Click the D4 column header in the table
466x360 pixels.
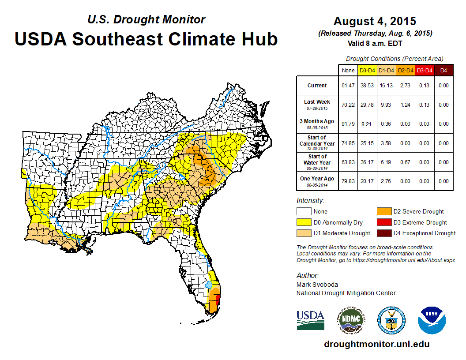443,70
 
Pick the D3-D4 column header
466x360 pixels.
424,70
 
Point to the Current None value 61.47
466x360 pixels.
348,86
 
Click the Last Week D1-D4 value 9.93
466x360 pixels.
386,105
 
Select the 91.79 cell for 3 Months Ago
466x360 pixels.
348,124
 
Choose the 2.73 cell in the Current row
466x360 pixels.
405,86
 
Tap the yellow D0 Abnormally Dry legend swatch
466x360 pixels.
304,222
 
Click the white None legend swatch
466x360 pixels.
304,212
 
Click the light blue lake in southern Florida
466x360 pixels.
208,285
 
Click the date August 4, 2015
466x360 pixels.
375,21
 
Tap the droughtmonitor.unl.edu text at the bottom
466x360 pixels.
376,344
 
